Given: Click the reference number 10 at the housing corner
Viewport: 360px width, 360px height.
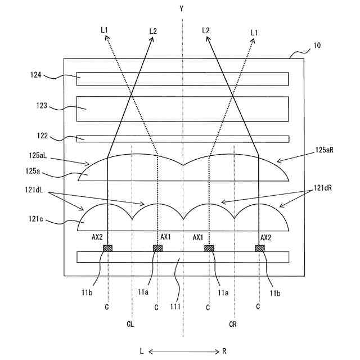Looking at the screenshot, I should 317,46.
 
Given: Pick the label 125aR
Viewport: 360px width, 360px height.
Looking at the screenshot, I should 325,151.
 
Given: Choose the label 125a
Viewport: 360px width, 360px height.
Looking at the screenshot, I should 39,168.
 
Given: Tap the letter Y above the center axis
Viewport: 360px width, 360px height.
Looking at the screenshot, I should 182,9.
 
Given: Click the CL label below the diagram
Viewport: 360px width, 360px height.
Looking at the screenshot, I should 130,324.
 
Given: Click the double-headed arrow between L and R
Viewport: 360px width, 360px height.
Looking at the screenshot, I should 183,352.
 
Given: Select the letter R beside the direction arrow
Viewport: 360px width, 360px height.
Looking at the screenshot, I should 224,352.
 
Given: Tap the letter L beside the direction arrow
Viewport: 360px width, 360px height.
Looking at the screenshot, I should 142,352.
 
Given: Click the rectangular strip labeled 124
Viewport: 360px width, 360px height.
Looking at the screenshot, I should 183,78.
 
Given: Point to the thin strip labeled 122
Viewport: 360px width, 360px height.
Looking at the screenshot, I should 183,139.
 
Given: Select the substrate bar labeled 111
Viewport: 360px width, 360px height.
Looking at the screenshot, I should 183,257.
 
